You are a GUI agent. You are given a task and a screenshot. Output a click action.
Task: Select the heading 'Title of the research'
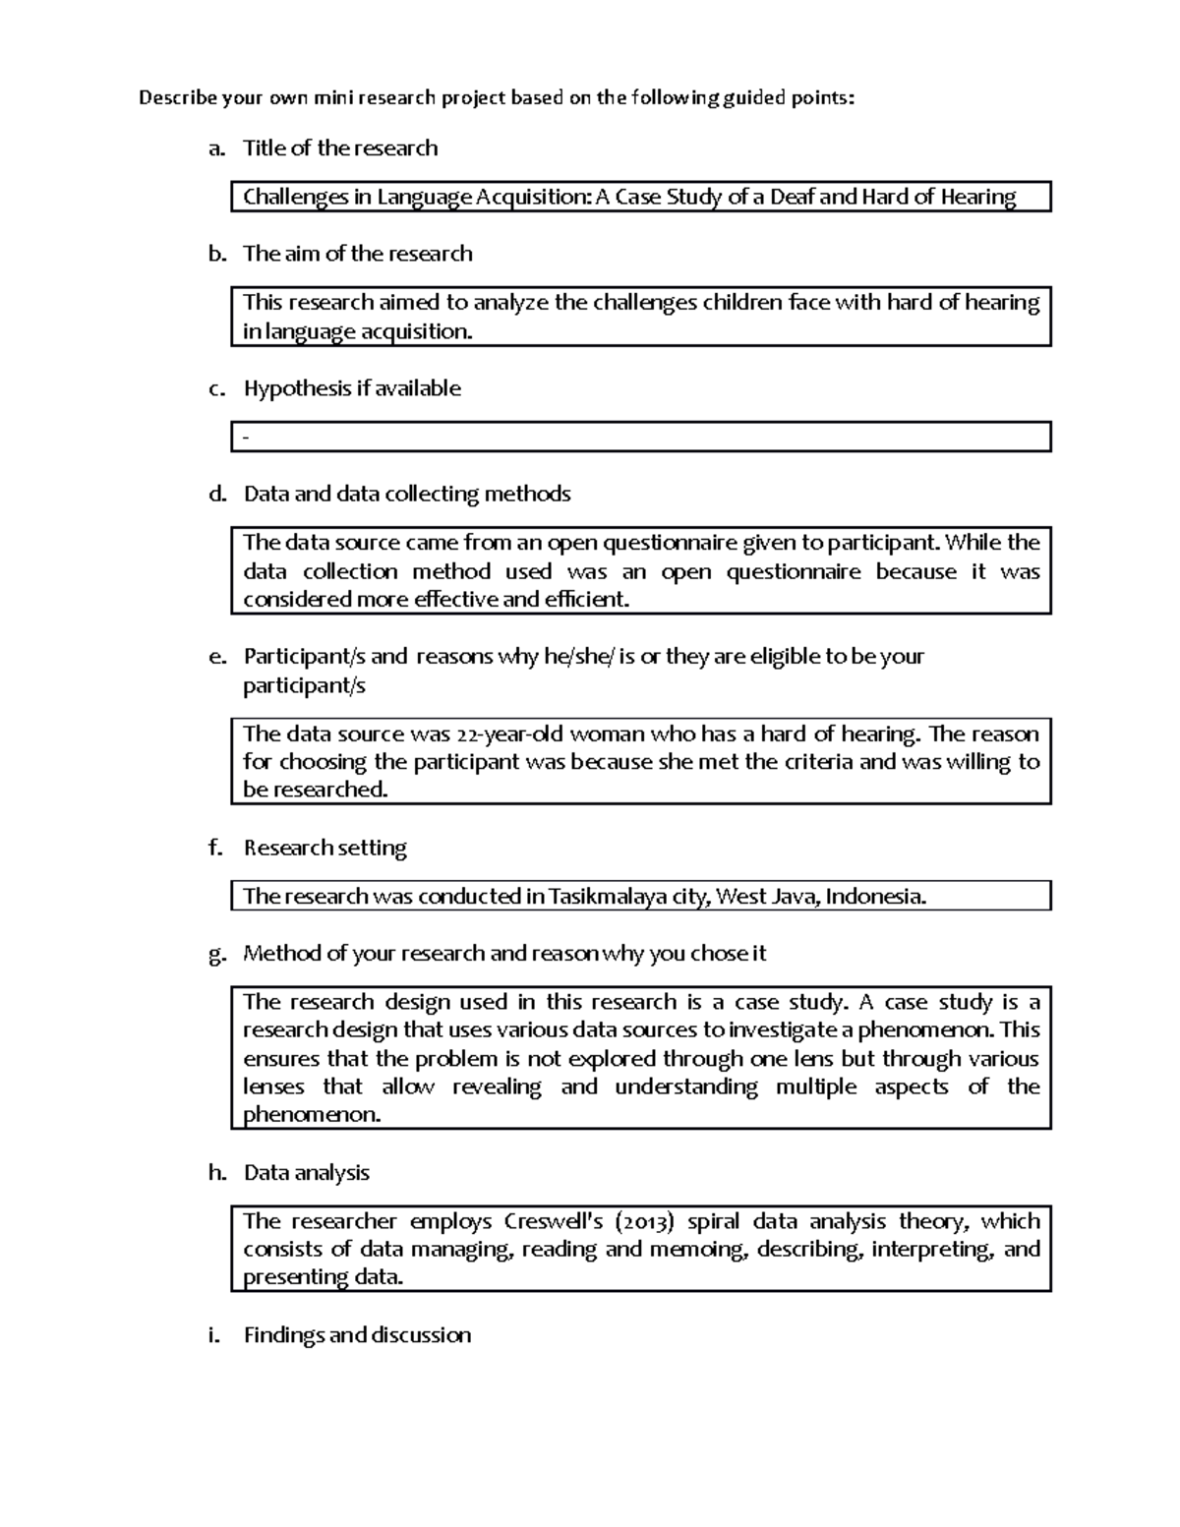tap(340, 148)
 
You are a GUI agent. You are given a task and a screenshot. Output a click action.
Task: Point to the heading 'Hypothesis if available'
tap(352, 388)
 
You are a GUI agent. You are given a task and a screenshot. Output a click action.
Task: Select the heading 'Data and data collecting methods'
tap(407, 494)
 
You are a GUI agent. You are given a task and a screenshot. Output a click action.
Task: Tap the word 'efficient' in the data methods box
tap(586, 600)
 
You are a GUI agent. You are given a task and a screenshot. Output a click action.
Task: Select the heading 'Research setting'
tap(324, 848)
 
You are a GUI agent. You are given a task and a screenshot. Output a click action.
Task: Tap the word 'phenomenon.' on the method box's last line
tap(312, 1115)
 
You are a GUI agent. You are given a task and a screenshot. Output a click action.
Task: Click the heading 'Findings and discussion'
tap(357, 1335)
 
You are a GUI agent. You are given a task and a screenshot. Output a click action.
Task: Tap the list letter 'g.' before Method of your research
tap(217, 954)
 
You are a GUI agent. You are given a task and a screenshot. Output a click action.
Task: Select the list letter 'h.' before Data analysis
tap(217, 1173)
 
